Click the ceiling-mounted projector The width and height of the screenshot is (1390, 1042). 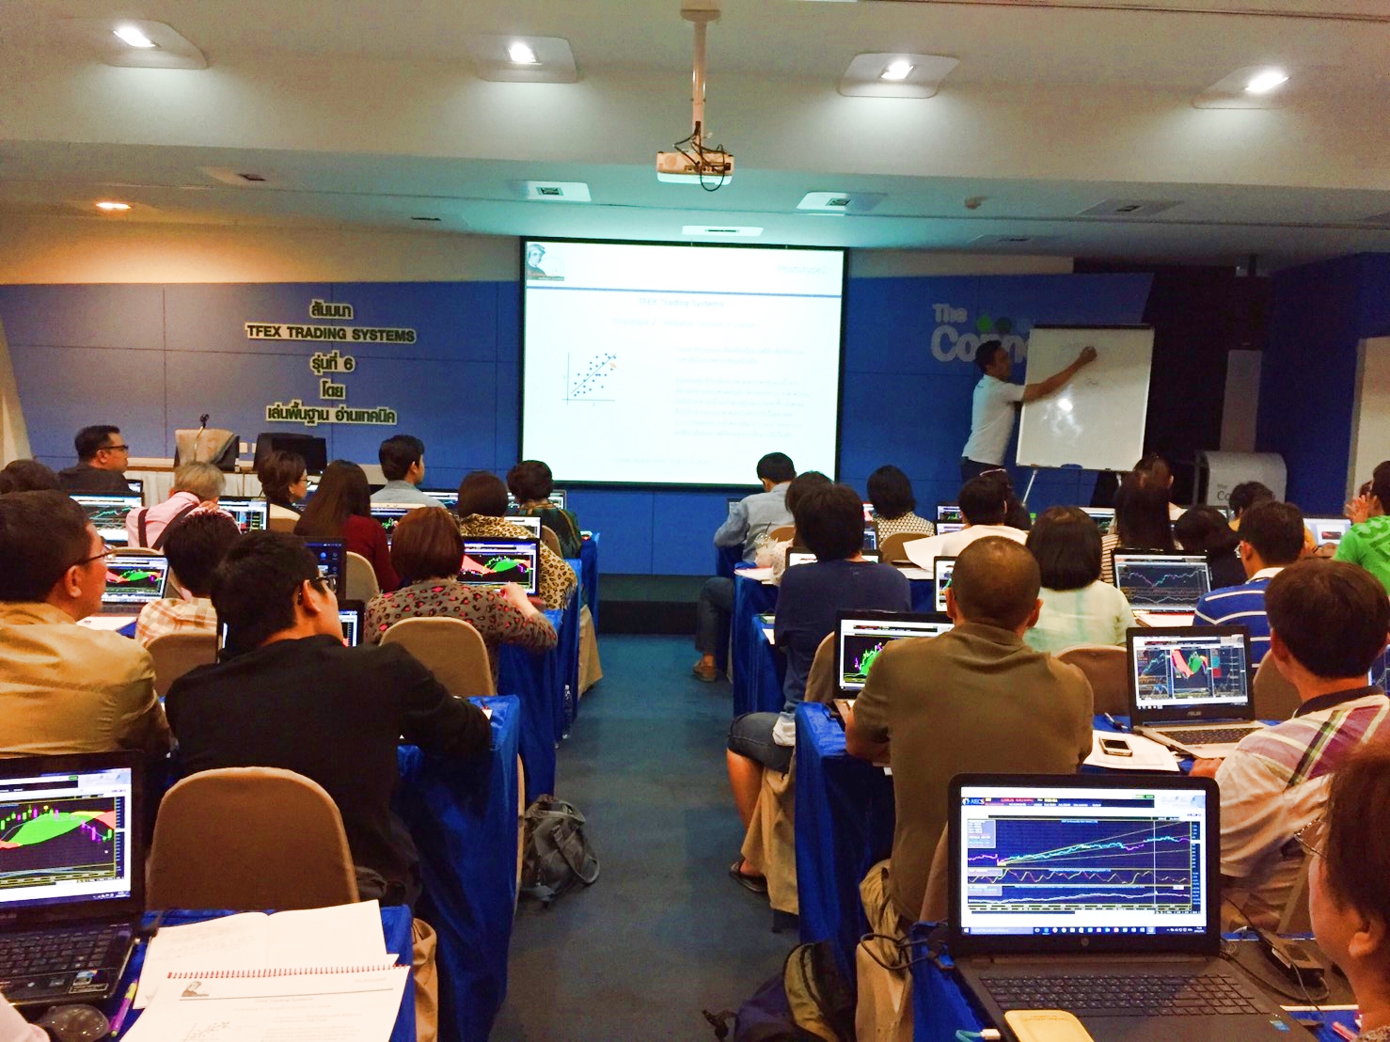tap(694, 166)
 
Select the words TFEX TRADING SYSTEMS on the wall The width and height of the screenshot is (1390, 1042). tap(330, 333)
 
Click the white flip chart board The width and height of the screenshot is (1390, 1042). tap(1084, 396)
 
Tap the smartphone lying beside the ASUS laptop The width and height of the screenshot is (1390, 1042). tap(1114, 745)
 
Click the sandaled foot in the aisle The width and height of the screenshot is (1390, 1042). tap(748, 876)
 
